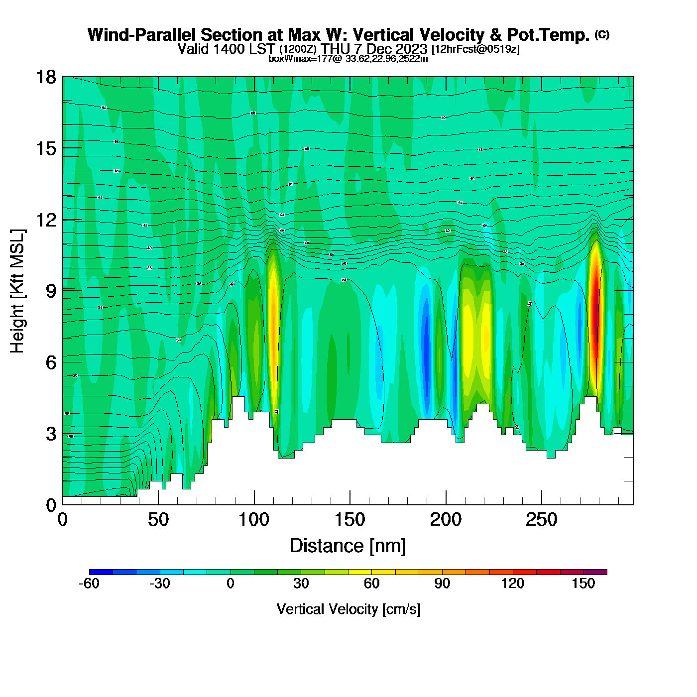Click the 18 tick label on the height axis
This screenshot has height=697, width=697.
click(45, 77)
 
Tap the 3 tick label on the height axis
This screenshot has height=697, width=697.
click(51, 434)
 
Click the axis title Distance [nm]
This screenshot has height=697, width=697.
click(348, 546)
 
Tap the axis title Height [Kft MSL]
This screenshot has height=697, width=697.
click(17, 291)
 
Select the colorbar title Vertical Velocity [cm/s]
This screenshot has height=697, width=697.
click(348, 609)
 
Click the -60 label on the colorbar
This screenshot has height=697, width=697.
click(89, 583)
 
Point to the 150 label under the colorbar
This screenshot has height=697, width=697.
click(583, 583)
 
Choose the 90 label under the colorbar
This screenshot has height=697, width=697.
click(442, 583)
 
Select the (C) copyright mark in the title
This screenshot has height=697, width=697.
click(602, 34)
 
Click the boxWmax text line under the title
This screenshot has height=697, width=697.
click(348, 58)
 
